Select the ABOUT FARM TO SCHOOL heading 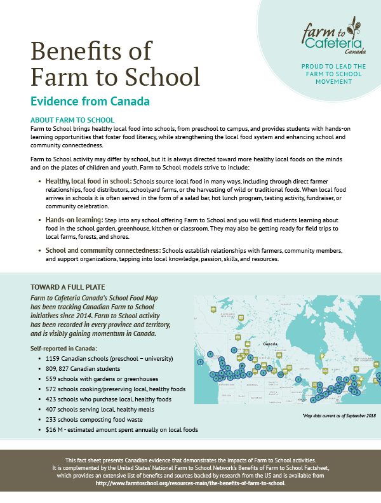coord(72,120)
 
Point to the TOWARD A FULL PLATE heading coord(69,287)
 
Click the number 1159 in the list coord(53,358)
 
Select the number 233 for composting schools coord(51,419)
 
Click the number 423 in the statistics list coord(51,399)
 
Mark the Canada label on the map coord(271,344)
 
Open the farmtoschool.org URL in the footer coord(190,483)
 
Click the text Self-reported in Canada coord(63,348)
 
